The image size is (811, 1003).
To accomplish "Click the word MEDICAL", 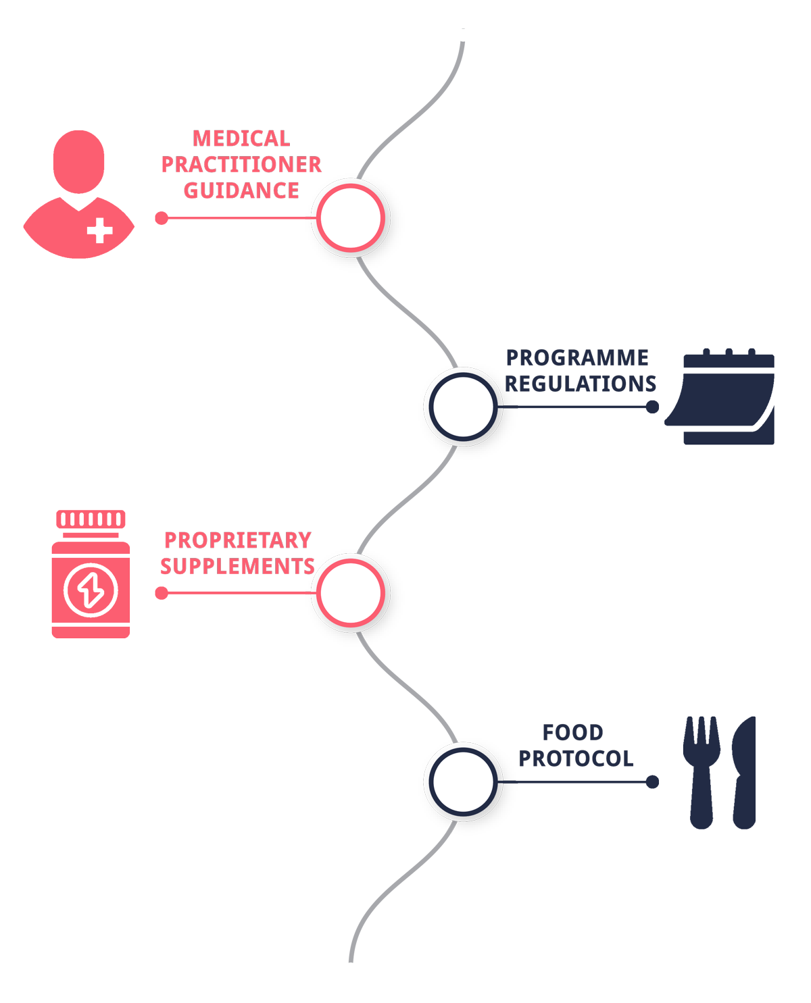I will coord(241,138).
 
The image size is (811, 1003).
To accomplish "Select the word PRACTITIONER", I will coord(241,165).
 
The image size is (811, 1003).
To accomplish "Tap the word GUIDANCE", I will coord(241,190).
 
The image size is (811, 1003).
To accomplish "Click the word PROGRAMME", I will coord(577,357).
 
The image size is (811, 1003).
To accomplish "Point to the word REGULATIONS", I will coord(581,384).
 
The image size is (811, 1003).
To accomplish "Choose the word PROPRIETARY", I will coord(237,540).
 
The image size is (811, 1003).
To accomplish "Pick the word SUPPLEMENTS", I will coord(237,566).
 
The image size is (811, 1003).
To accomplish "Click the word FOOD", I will coord(572,732).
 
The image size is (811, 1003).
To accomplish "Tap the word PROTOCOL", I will coord(576,758).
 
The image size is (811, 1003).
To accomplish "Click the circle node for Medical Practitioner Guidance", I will coord(351,217).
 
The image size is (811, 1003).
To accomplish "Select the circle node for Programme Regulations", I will coord(463,406).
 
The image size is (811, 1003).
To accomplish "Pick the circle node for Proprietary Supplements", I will coord(351,592).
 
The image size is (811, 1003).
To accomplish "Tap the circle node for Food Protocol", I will coord(463,781).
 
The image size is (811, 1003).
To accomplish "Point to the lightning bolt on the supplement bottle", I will coord(91,589).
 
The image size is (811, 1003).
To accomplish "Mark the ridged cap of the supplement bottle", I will coord(91,519).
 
